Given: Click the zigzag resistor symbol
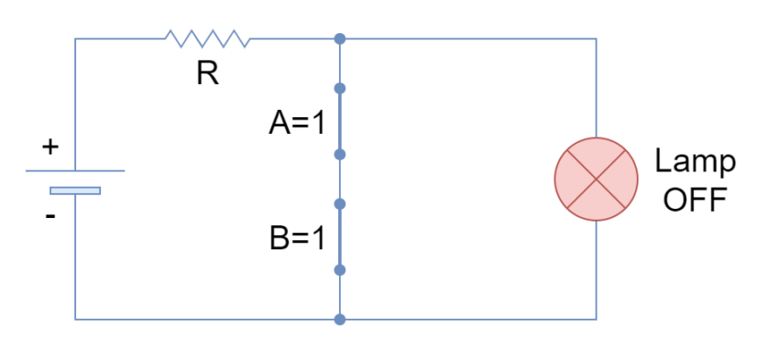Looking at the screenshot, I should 207,38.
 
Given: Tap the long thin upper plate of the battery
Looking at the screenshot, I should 75,170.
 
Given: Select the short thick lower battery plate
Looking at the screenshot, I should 75,191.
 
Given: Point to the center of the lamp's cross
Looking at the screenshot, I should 597,180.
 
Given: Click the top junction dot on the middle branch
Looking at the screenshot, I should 340,38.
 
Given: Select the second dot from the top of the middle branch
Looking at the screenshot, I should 340,88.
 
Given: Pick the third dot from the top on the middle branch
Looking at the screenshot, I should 340,155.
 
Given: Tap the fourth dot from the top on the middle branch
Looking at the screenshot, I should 340,203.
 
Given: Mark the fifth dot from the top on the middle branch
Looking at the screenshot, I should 340,270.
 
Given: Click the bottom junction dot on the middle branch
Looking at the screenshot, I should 340,320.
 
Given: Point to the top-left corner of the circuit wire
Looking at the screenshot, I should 75,38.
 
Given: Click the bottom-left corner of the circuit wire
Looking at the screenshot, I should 75,319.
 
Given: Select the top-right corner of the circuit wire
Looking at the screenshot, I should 597,38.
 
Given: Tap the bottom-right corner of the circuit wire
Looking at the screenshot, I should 597,319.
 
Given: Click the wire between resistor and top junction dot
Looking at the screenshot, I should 293,38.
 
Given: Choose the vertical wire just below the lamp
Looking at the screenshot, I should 597,270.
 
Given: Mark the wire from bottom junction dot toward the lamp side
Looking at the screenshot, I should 467,319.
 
